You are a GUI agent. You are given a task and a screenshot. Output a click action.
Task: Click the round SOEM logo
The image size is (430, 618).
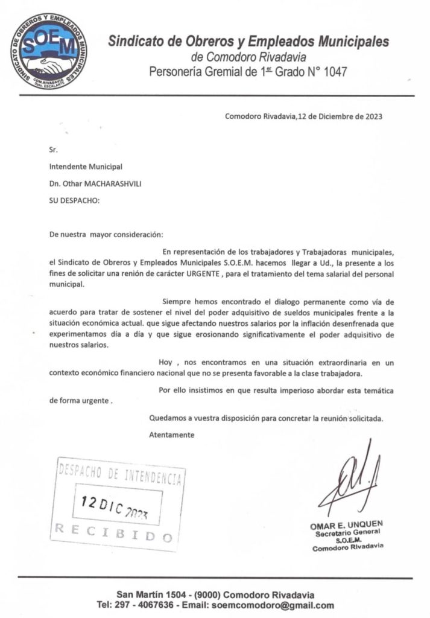coord(48,50)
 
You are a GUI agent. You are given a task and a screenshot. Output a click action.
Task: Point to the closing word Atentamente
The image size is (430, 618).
coord(171,435)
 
